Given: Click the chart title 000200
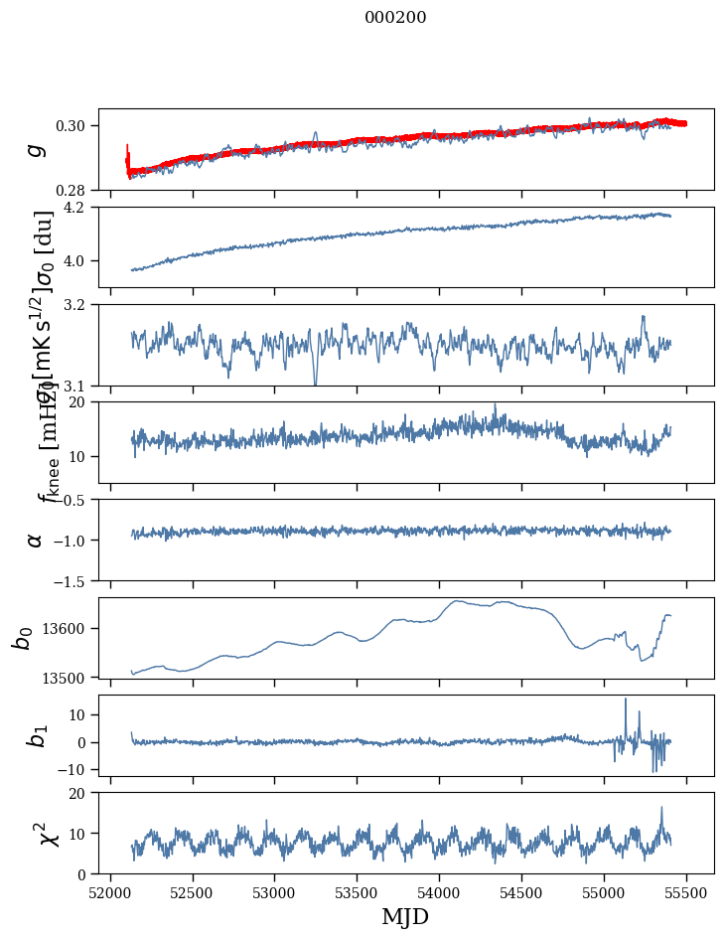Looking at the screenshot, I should click(x=395, y=18).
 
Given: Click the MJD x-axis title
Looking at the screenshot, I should click(x=405, y=917).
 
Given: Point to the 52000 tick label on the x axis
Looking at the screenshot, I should click(x=110, y=891).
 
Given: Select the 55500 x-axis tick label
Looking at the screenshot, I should click(x=687, y=891).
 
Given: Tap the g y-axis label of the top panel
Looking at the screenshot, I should click(x=36, y=149).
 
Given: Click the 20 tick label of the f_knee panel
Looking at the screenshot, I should click(x=83, y=402).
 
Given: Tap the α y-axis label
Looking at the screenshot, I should click(x=36, y=540).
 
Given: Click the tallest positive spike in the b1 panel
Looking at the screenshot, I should click(x=626, y=700).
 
